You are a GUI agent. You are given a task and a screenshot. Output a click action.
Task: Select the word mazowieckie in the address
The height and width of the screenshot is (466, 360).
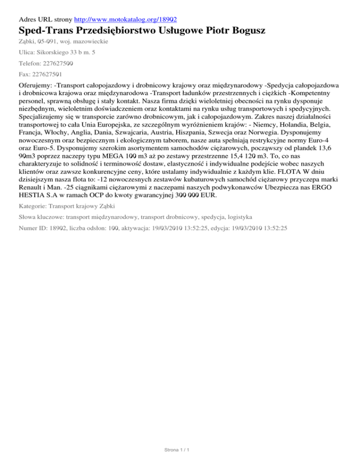(89, 42)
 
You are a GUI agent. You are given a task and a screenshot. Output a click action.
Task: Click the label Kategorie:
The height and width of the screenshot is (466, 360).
(33, 206)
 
